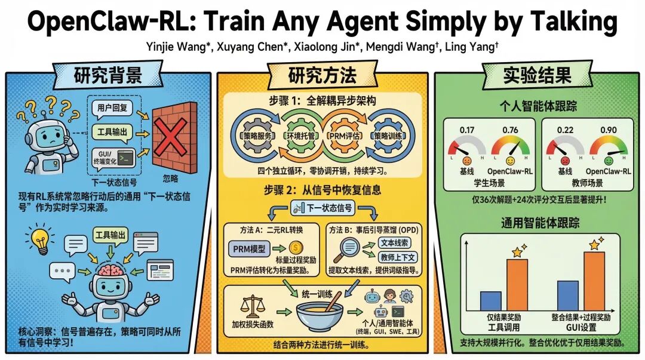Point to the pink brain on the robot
(112, 270)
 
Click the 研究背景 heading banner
(107, 76)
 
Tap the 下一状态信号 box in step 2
(322, 208)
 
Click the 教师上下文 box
(398, 257)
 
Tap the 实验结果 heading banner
(536, 76)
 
